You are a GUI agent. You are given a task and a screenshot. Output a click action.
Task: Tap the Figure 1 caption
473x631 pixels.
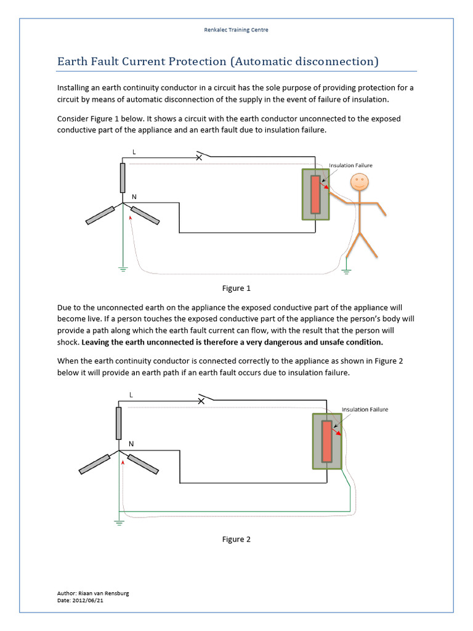(236, 288)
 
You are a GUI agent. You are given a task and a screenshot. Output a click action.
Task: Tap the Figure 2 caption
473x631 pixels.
(236, 539)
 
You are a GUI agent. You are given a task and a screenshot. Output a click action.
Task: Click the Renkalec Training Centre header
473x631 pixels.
(236, 30)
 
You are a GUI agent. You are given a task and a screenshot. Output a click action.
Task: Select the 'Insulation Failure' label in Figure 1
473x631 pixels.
(350, 165)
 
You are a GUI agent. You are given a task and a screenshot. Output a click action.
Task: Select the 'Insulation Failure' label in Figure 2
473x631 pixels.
(365, 409)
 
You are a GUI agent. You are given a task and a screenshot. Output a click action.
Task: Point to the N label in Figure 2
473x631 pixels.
(131, 444)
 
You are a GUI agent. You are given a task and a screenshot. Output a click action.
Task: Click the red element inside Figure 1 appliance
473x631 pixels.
(315, 194)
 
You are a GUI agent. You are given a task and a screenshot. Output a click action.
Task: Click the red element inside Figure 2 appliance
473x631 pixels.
(327, 441)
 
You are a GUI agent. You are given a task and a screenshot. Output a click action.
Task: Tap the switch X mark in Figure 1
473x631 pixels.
(198, 157)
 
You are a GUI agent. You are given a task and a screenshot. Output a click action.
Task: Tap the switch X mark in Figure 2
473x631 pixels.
(201, 401)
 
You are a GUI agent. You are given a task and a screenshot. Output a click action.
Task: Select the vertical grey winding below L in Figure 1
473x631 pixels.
(123, 177)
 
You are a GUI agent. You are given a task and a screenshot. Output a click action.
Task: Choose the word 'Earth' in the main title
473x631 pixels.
(74, 62)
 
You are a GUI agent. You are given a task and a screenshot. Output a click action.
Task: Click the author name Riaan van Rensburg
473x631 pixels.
(105, 593)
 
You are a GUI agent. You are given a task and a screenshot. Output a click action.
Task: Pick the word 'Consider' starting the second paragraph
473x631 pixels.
(73, 118)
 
